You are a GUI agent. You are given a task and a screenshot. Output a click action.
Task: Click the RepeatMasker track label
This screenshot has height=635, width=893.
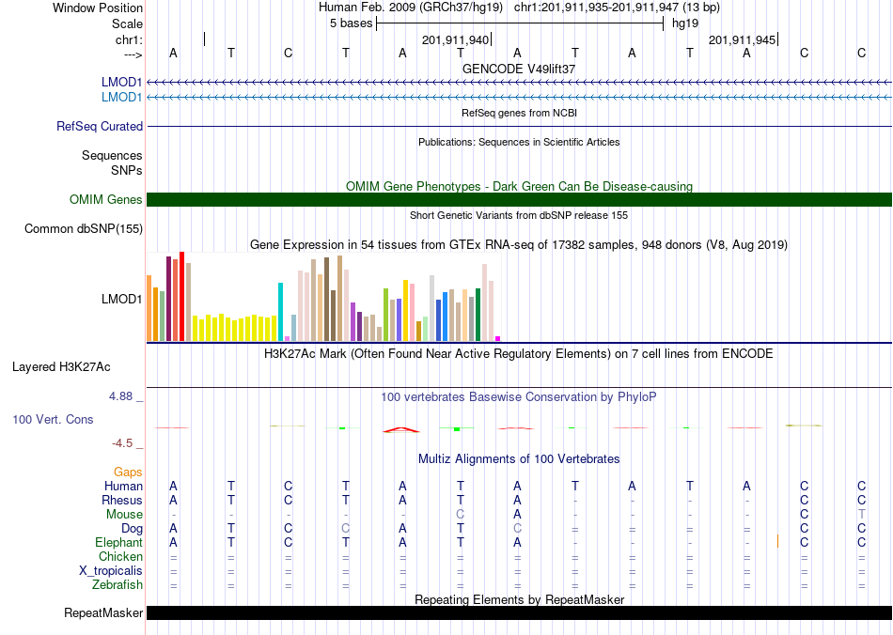coord(103,612)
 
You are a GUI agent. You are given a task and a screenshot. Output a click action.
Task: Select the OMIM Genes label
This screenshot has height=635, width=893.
coord(106,200)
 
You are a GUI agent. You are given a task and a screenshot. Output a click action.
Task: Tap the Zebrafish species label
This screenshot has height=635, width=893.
coord(117,585)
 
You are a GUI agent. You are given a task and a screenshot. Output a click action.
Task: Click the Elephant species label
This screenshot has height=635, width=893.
coord(118,543)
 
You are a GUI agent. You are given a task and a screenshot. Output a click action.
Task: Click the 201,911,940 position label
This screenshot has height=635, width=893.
coord(455,39)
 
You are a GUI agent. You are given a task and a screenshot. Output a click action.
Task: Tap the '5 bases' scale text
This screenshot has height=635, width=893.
coord(351,23)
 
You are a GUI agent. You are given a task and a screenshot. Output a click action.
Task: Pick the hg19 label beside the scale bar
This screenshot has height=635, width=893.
coord(685,23)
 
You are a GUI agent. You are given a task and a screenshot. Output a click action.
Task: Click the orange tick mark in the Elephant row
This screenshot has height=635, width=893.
coord(778,541)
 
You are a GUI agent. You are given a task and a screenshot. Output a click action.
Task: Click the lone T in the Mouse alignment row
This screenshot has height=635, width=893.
coord(862,515)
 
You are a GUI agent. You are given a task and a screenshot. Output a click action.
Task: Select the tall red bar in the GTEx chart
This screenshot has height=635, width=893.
coord(181,297)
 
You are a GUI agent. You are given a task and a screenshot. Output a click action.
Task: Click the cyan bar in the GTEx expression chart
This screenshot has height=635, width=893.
coord(280,312)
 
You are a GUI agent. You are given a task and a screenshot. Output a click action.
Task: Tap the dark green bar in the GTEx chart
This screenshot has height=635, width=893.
coord(478,315)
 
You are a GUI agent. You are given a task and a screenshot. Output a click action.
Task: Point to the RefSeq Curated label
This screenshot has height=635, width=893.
coord(100,126)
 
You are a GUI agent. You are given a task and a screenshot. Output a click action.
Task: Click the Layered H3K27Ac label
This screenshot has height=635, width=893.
coord(61,367)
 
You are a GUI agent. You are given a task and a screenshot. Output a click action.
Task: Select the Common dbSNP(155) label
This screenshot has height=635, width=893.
coord(84,229)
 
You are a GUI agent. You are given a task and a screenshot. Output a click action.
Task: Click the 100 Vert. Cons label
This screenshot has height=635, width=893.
coord(53,419)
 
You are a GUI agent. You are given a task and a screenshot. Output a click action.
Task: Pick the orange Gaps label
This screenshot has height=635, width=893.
coord(128,472)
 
